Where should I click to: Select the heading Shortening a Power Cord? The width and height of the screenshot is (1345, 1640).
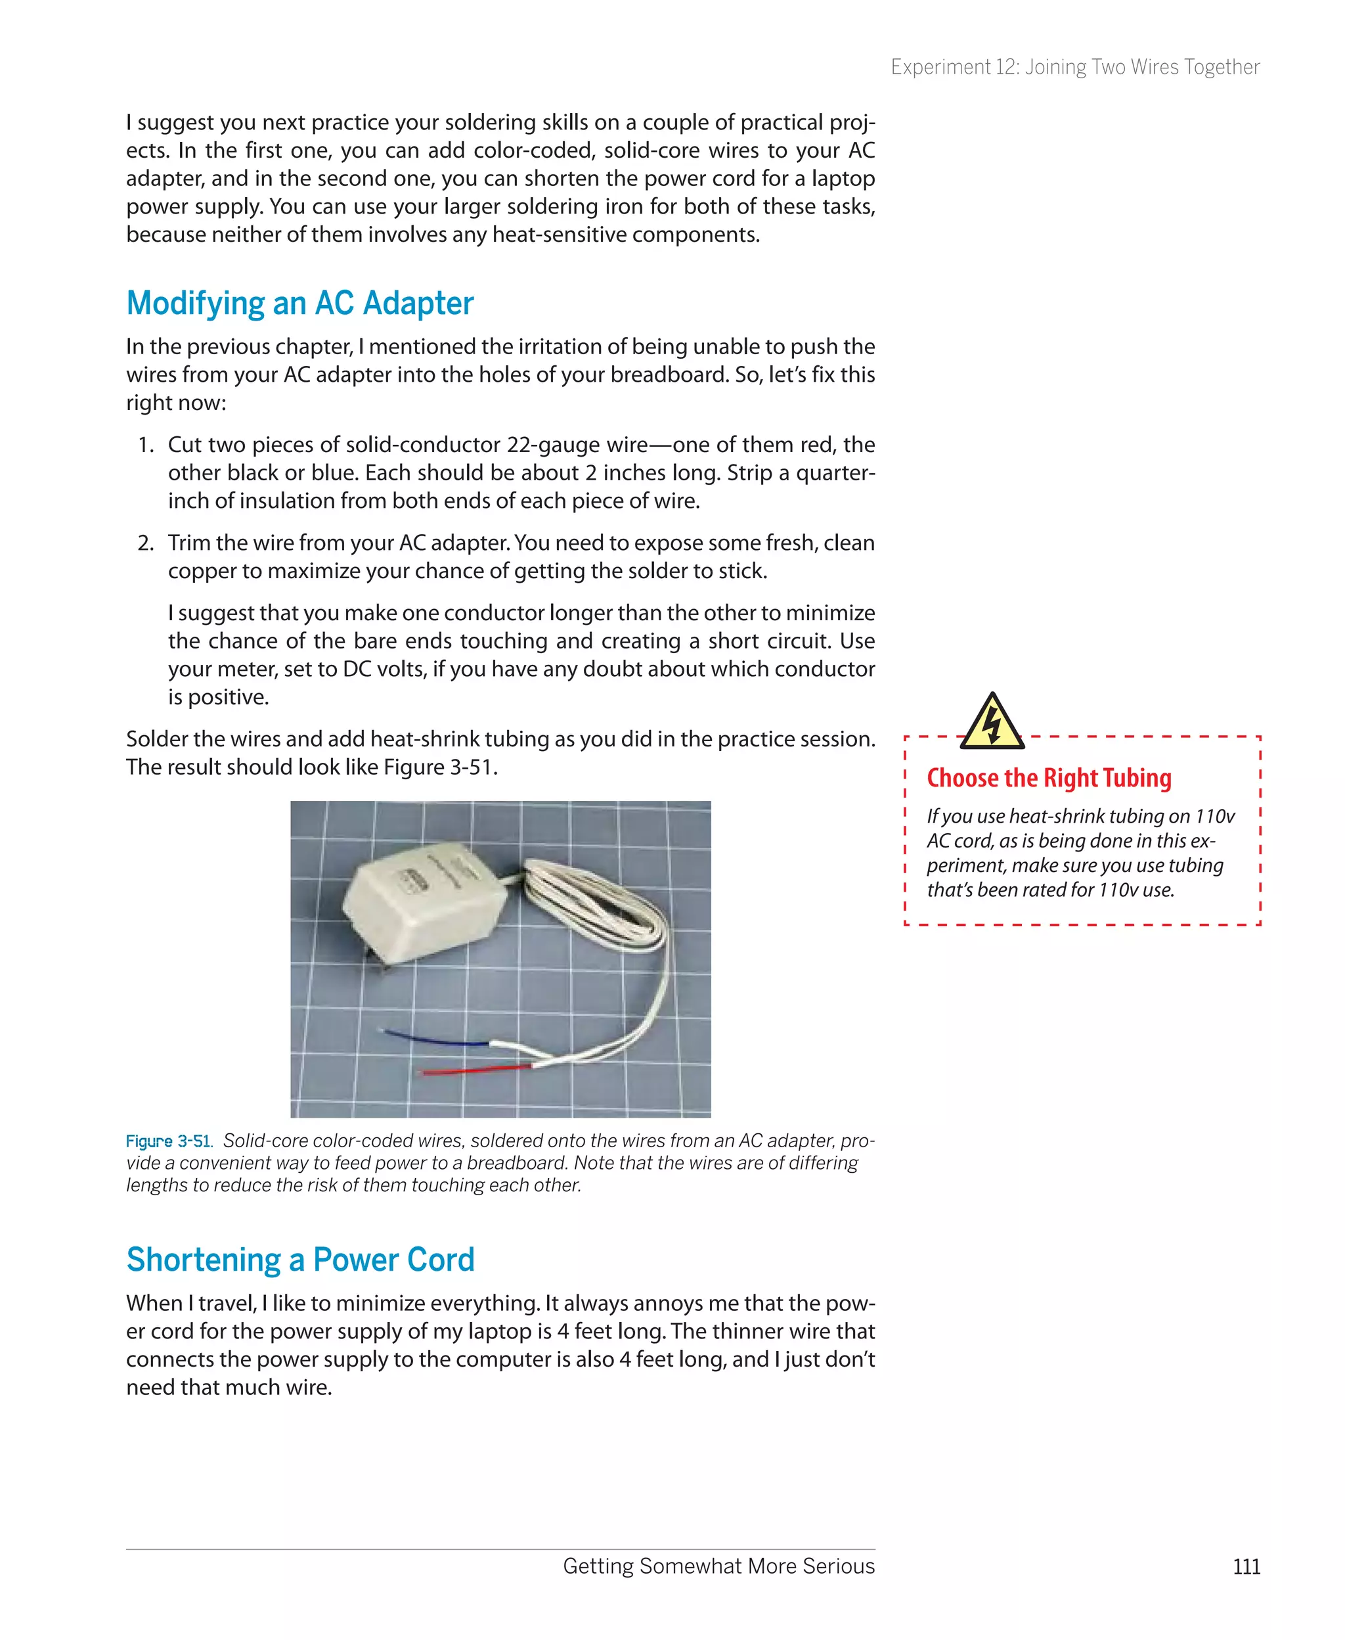point(300,1260)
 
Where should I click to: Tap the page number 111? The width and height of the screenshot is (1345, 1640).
point(1246,1567)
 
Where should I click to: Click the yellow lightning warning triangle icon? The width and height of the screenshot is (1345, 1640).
point(992,722)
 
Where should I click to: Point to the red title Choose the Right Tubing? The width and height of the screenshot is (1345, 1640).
point(1049,778)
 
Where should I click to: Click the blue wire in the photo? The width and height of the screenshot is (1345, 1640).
point(434,1039)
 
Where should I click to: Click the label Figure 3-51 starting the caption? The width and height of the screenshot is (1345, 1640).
point(168,1141)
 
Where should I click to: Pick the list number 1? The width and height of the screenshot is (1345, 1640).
point(146,445)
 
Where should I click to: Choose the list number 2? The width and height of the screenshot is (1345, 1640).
point(146,543)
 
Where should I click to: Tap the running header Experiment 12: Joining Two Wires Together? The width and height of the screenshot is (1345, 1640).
point(1074,68)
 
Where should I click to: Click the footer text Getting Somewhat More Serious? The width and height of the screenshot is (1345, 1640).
point(718,1566)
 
